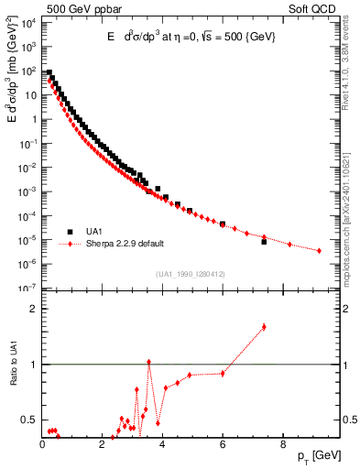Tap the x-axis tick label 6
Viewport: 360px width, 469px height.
(x=223, y=447)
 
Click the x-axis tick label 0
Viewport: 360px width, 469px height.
(x=42, y=447)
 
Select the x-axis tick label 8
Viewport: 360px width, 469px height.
(x=282, y=447)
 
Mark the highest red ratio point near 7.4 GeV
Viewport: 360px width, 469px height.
(x=264, y=326)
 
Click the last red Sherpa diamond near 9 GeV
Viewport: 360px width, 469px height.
(x=319, y=250)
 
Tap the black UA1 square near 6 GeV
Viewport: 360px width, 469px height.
(x=223, y=224)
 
